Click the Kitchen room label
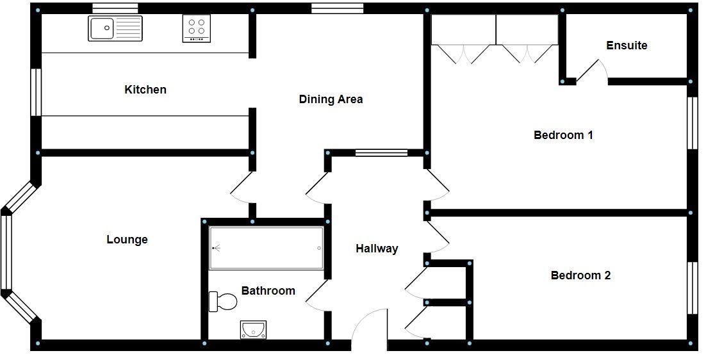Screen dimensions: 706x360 click(x=145, y=90)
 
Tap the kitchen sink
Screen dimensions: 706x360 click(x=115, y=28)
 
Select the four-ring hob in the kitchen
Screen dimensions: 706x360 click(x=197, y=29)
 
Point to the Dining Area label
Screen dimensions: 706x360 click(x=331, y=99)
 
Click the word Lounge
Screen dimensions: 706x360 click(x=127, y=240)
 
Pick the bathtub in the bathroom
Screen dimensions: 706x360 click(x=267, y=248)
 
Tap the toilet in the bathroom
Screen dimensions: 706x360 click(x=223, y=302)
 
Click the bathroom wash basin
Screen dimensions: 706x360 click(x=254, y=329)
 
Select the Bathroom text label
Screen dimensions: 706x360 click(x=268, y=291)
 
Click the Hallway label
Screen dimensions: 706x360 click(x=377, y=249)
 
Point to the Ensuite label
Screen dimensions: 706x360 click(x=627, y=45)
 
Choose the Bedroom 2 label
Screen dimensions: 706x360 click(x=581, y=275)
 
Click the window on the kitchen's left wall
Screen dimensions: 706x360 click(x=37, y=92)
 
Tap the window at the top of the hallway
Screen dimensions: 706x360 click(x=381, y=152)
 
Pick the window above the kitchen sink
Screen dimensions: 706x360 click(x=115, y=8)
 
